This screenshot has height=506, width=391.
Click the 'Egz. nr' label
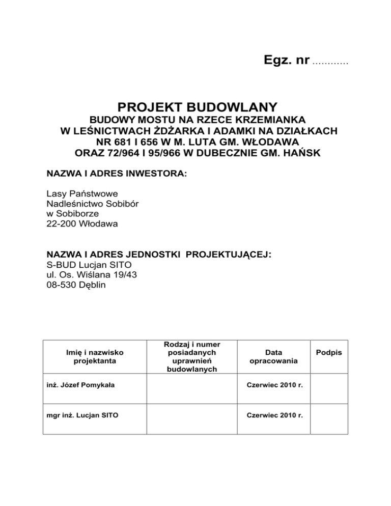pos(287,61)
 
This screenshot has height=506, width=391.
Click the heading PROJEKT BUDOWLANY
pos(198,107)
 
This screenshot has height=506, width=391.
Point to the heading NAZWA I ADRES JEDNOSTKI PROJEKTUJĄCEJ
pos(158,254)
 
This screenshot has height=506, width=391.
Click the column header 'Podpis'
pos(329,352)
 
